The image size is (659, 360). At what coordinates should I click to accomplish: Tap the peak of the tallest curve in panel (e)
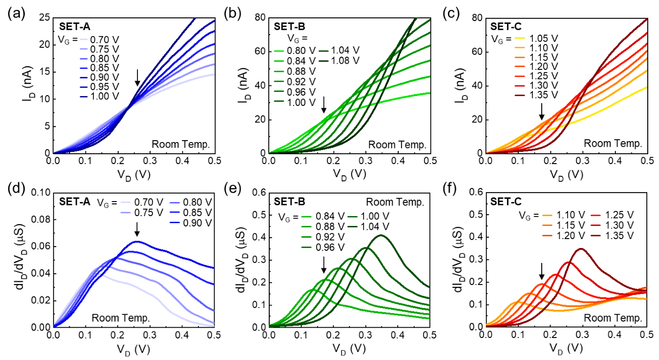coord(381,235)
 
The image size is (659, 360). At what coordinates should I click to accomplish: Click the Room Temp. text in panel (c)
coord(614,143)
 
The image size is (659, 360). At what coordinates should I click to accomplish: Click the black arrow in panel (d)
coord(137,229)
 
